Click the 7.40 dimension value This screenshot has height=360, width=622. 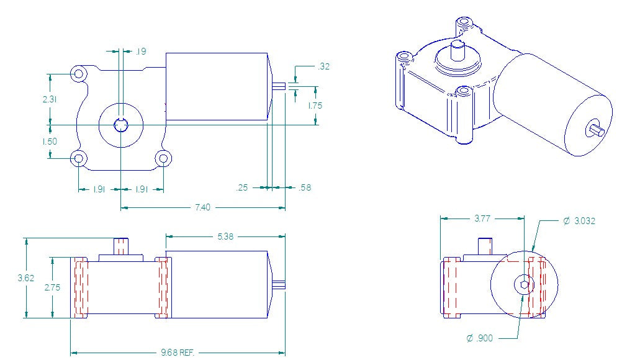coord(202,207)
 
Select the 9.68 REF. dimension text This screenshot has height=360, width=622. coord(178,353)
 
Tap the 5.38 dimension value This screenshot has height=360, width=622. coord(225,236)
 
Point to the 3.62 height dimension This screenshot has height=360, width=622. coord(26,278)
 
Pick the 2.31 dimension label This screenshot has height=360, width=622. coord(50,99)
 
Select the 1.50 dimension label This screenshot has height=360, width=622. coord(50,141)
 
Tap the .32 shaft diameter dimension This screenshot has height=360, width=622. coord(323,66)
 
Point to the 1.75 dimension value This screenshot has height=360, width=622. coord(315,106)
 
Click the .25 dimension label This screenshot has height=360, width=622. coord(243,187)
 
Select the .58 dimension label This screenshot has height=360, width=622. coord(305,187)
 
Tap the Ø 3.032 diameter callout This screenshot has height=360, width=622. coord(579,221)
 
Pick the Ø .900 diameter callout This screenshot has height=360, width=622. coord(480,338)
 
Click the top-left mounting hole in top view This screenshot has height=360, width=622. coord(79,74)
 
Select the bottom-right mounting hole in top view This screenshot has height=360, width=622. coord(163,158)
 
